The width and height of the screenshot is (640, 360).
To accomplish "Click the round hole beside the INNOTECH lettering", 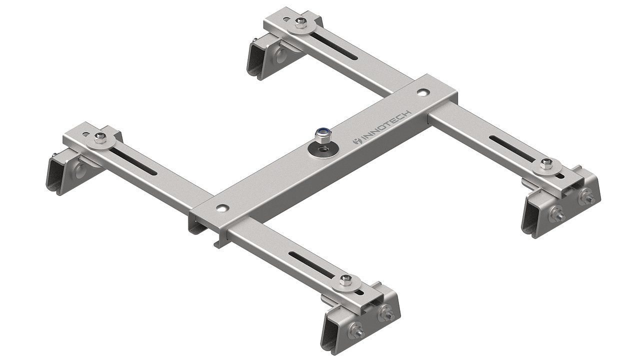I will click(x=423, y=92).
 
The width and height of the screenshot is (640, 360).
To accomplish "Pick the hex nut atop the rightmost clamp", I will click(x=546, y=163).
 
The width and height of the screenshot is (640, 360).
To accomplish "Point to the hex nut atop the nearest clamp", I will click(x=345, y=278).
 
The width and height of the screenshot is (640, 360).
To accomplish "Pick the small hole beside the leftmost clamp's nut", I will click(x=86, y=134).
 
